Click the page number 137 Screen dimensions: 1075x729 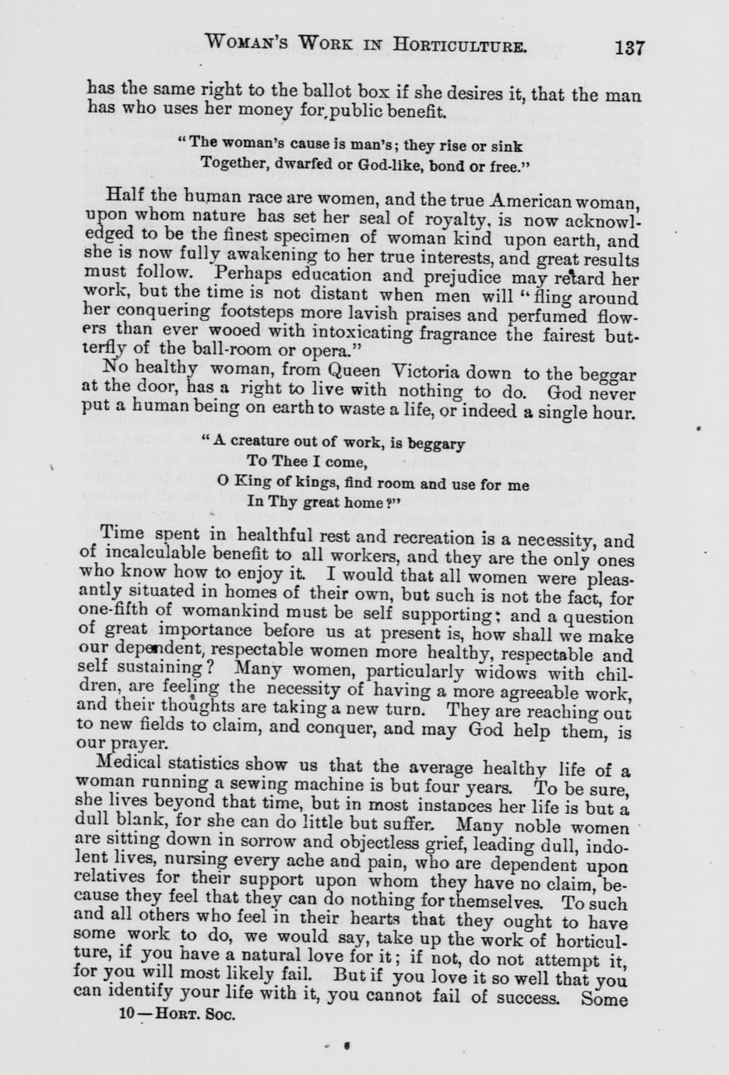coord(629,47)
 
